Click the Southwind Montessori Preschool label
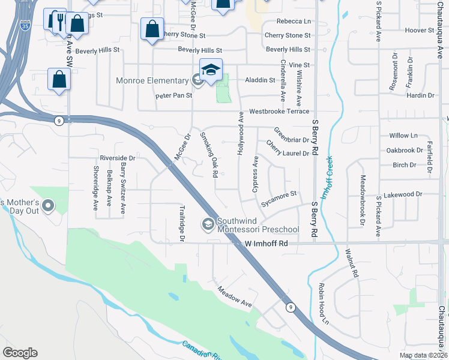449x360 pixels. pos(258,225)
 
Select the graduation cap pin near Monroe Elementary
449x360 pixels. pos(211,71)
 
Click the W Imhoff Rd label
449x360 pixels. pos(267,244)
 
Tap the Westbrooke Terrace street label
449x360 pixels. pos(279,111)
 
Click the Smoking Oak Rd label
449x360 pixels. pos(208,154)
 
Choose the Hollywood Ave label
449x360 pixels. pos(241,133)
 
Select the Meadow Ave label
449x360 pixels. pos(235,296)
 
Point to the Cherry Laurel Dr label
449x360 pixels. pos(288,149)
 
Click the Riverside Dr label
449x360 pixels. pos(117,158)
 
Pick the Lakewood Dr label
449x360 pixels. pos(403,194)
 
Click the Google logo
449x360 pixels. pos(20,353)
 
